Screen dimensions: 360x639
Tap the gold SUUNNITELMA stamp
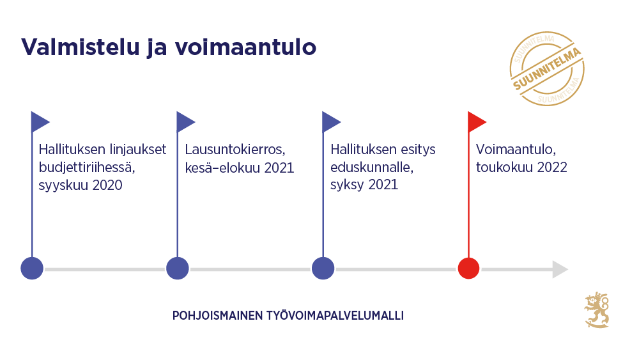click(x=547, y=69)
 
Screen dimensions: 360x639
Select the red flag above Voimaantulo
click(x=476, y=121)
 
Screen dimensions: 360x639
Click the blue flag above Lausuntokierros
click(x=185, y=121)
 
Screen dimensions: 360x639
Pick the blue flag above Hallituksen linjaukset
click(x=40, y=121)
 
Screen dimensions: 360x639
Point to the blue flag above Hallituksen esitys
click(x=330, y=121)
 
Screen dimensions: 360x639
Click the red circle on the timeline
click(x=469, y=269)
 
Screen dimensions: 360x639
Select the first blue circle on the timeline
click(x=32, y=269)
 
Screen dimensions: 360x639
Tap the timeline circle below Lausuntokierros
click(x=178, y=269)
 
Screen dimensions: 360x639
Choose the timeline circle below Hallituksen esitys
click(x=323, y=269)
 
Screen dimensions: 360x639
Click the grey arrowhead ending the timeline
click(x=560, y=269)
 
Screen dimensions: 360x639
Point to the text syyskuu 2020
click(x=80, y=185)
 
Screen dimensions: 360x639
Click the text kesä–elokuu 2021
click(x=239, y=168)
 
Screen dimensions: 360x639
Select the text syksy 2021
click(x=364, y=185)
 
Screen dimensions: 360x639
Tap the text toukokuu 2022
click(x=521, y=168)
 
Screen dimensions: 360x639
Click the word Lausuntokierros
click(x=235, y=150)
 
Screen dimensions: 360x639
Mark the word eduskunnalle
click(x=372, y=168)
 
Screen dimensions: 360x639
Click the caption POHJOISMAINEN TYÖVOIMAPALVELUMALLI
click(x=288, y=316)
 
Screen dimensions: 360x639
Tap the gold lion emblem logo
click(x=597, y=311)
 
